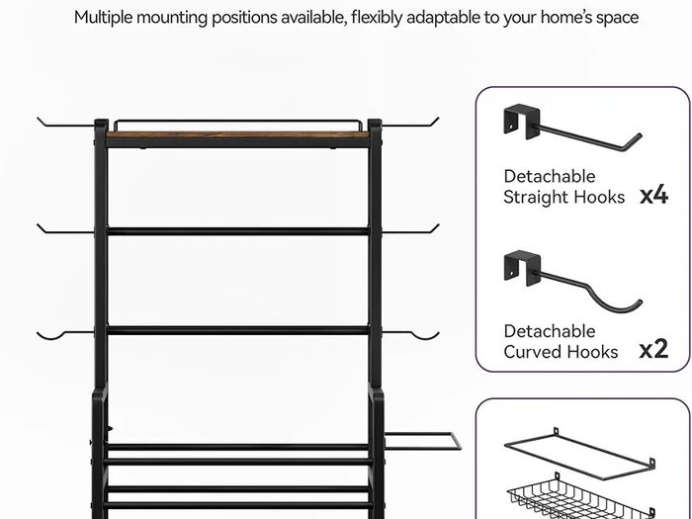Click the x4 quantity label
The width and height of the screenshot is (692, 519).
point(654,196)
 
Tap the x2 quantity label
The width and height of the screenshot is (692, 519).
point(654,349)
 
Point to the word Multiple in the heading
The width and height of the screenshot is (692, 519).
point(104,18)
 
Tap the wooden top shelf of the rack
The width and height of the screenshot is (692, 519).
point(238,134)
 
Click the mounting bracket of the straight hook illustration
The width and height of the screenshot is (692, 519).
point(522,121)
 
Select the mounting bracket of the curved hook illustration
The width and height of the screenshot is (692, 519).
point(522,268)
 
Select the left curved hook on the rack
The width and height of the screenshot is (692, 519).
point(66,333)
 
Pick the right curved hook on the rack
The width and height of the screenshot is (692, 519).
point(409,333)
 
